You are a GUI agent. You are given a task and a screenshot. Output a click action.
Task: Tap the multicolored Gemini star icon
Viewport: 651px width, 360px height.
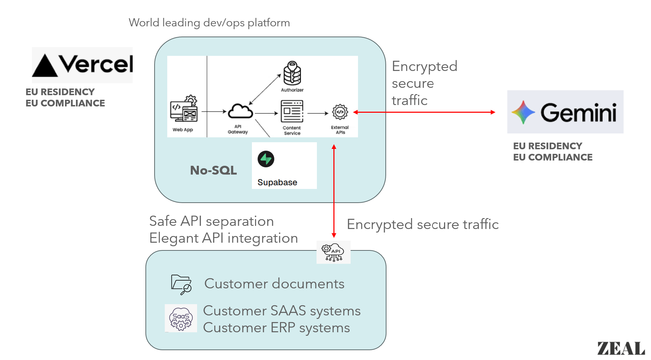523,112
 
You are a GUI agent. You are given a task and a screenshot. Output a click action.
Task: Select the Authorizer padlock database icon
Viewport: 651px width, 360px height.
292,73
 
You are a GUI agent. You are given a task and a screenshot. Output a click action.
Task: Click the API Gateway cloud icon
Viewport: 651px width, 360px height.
240,112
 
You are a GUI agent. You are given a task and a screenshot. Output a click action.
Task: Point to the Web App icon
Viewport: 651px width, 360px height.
184,109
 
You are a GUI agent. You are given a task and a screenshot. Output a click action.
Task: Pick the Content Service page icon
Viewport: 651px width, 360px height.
292,111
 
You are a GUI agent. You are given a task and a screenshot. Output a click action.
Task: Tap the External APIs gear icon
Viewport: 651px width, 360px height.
340,112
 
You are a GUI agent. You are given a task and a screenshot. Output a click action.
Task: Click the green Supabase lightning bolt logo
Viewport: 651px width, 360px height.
266,159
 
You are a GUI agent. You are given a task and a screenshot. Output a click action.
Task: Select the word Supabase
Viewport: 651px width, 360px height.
277,182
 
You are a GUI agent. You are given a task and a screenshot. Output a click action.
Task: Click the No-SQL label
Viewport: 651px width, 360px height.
213,170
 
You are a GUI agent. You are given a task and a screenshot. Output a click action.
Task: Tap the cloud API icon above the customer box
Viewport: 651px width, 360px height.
333,252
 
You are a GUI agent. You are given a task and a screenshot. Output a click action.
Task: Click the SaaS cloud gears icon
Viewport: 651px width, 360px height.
181,319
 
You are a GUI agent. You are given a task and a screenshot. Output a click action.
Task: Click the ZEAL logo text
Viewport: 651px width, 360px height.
621,348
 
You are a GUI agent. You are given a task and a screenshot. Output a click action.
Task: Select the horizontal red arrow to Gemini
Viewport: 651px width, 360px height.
424,112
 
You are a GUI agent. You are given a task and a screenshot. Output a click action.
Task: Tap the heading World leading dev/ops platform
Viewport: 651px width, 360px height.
209,23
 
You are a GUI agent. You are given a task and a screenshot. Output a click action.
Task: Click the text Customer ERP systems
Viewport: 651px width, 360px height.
276,328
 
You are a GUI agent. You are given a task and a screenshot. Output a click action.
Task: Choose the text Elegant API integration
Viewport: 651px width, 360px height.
223,238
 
